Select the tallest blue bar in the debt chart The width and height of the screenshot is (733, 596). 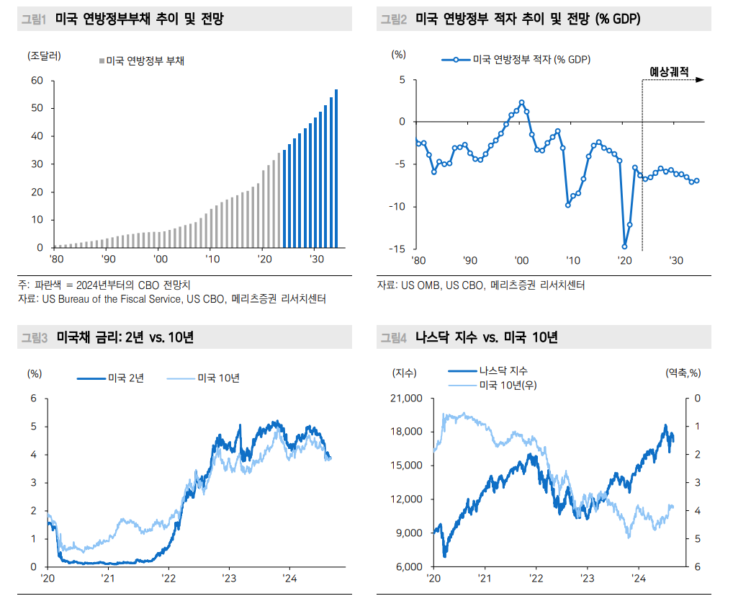point(336,168)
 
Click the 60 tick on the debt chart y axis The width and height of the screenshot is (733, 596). point(37,81)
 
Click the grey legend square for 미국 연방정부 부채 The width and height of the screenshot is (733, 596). point(102,61)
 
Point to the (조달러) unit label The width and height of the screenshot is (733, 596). point(44,55)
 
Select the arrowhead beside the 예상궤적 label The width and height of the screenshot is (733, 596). point(700,80)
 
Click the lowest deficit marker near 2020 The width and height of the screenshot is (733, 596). point(624,246)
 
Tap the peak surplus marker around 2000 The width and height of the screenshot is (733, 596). point(521,102)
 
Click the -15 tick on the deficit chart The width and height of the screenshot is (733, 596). point(397,249)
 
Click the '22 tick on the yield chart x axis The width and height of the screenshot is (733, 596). point(168,579)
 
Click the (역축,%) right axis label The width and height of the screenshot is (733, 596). point(683,373)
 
